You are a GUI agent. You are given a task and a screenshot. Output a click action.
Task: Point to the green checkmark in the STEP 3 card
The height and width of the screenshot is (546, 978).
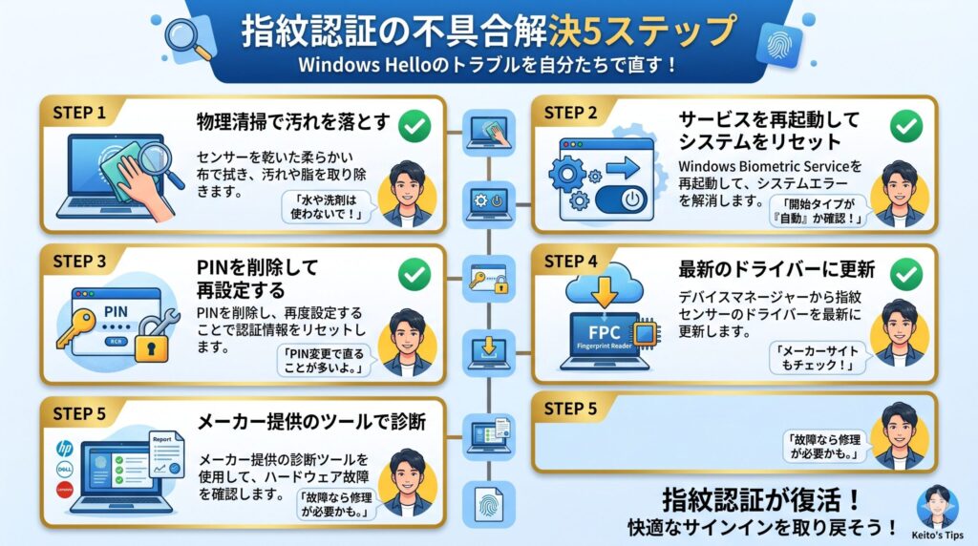413,275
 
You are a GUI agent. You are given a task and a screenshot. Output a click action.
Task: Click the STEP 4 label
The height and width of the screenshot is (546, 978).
578,260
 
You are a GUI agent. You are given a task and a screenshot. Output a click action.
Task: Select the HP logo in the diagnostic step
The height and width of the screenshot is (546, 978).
65,448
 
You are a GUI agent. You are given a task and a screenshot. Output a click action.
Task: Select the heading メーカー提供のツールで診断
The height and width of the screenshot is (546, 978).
310,421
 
